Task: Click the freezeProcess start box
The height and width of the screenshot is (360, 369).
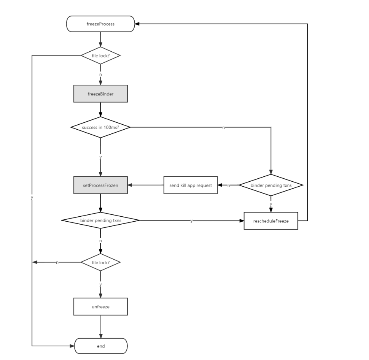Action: point(100,24)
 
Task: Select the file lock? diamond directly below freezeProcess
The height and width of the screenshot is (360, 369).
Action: point(100,56)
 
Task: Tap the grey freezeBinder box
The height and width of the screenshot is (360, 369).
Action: point(100,94)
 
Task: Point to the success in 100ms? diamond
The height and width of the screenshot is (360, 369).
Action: point(100,127)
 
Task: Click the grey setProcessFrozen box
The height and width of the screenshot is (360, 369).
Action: point(100,185)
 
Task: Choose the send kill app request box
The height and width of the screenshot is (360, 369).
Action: point(191,185)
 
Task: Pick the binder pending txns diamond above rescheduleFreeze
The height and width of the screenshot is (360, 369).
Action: point(271,185)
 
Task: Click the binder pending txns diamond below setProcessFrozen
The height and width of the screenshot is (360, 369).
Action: point(100,220)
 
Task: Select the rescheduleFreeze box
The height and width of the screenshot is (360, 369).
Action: point(271,220)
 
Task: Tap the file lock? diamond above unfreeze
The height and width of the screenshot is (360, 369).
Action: point(100,262)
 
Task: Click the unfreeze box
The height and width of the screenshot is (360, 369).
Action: point(100,307)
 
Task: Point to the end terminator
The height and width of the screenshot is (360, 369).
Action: point(100,346)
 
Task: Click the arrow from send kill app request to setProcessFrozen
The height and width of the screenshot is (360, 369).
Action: point(146,185)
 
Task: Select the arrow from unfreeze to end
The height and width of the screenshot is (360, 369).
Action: point(100,327)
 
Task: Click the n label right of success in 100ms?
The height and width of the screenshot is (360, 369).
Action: point(223,127)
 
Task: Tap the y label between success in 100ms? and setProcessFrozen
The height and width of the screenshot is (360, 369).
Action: point(100,157)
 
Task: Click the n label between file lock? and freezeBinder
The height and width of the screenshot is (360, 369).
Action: point(100,75)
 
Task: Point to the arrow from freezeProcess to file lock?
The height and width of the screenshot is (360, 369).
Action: point(100,40)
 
